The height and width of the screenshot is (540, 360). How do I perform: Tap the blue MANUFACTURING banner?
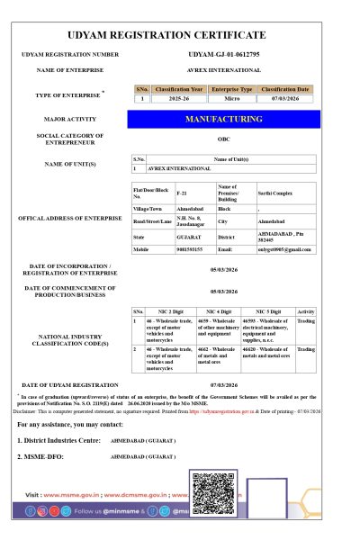tap(223, 119)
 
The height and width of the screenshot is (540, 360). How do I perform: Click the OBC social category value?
tap(223, 139)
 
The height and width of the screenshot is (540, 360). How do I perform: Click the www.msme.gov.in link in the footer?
tap(76, 495)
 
